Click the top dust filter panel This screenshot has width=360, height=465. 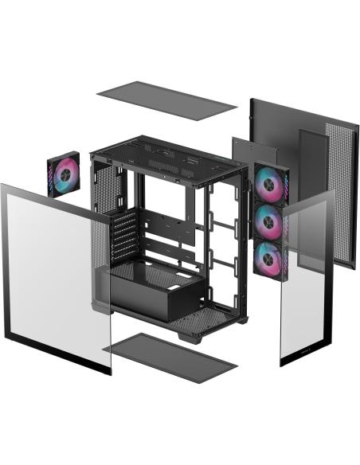click(166, 99)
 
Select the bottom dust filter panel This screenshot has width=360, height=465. click(170, 356)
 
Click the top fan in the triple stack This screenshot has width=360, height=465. click(271, 186)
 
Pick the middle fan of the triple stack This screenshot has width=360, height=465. click(271, 222)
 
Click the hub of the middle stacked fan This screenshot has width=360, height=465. click(271, 222)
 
